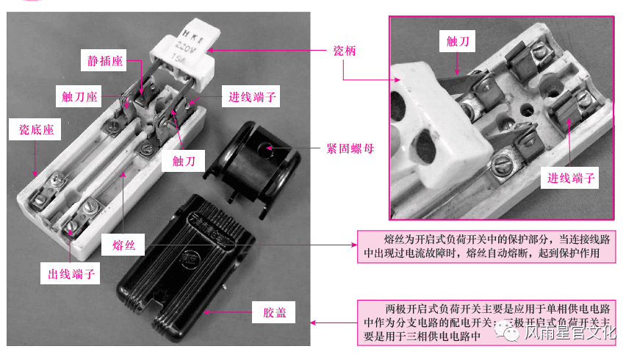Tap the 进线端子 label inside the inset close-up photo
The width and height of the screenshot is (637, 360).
(x=572, y=177)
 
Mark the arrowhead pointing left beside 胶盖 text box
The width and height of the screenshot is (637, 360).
(x=314, y=322)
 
